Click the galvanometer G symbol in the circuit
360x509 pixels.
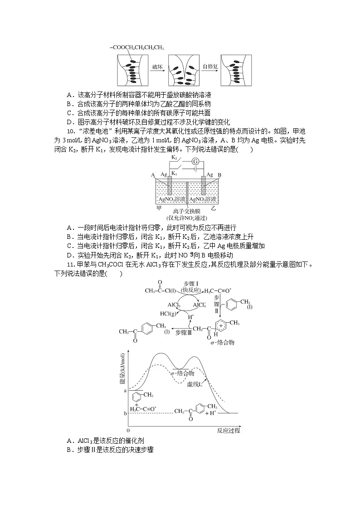[196, 161]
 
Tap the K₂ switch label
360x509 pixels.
[174, 158]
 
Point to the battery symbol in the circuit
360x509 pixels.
[195, 169]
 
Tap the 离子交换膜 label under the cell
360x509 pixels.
[186, 211]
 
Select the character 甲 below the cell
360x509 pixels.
[159, 208]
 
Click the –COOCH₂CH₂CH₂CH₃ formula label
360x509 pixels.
[136, 47]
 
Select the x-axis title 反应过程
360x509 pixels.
[228, 430]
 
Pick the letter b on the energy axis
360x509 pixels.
[125, 413]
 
